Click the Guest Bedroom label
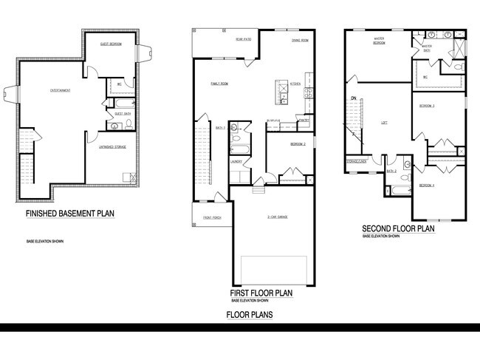pos(110,44)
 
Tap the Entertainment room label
pos(61,90)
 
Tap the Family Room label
pos(219,84)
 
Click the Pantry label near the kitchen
pos(303,118)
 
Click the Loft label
pos(384,123)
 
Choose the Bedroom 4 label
pos(427,185)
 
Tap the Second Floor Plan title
pos(397,228)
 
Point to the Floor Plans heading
pos(249,315)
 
